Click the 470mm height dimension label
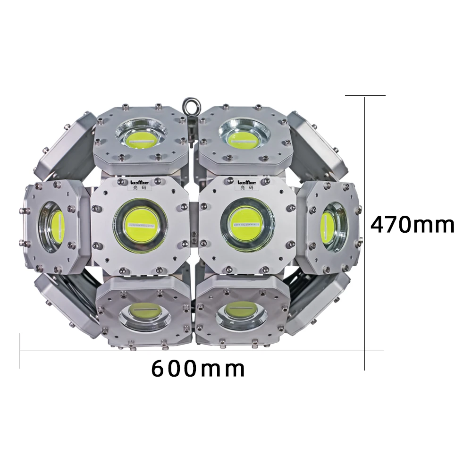(413, 225)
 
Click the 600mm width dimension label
(198, 369)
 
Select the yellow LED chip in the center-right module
(244, 224)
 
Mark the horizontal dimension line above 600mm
(189, 351)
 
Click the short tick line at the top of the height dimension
(365, 95)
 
